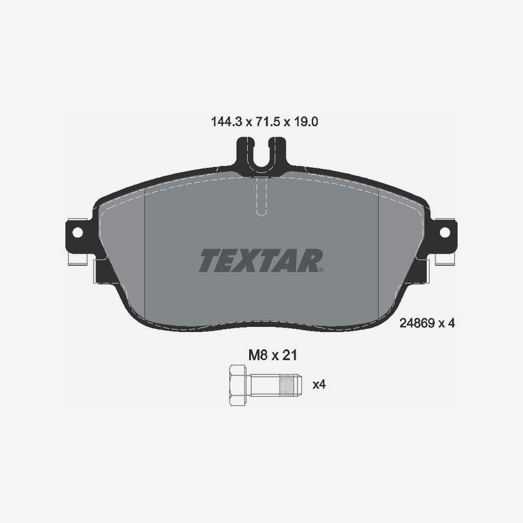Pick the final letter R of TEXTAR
click(310, 260)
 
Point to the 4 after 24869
click(450, 323)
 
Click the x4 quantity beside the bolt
click(319, 384)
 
